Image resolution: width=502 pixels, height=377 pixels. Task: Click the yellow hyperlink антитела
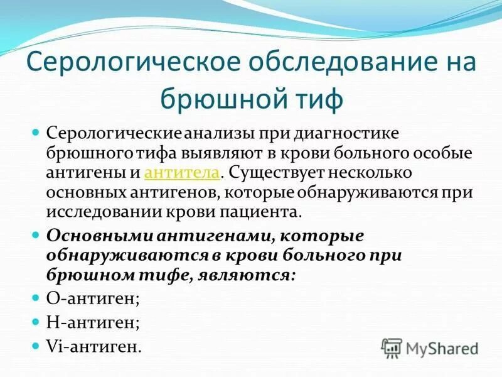point(182,173)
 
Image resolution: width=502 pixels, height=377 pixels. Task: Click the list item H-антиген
point(93,322)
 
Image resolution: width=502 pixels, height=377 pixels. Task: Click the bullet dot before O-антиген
point(36,298)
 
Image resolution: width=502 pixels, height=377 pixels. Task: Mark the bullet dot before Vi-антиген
point(36,346)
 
